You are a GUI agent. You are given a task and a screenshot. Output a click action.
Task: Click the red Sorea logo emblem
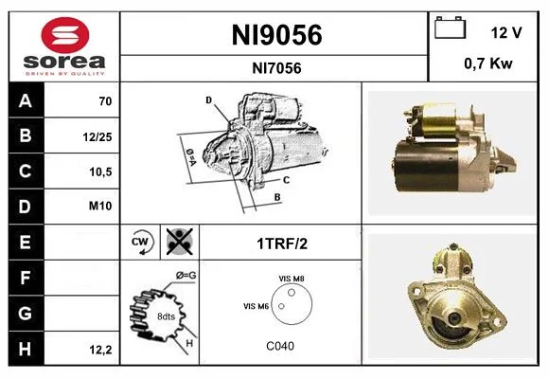coord(65,35)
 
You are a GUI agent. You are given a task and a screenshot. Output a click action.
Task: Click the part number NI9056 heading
coord(276,35)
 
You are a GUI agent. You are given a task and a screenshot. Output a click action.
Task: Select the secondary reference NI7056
coord(276,68)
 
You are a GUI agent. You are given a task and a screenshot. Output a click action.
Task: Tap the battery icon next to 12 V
coord(451,27)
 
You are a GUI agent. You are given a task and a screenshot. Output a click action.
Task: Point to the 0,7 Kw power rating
coord(488,63)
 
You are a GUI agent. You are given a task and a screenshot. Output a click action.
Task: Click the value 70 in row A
coord(105,101)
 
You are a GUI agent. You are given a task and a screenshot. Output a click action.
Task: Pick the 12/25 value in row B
coord(97,136)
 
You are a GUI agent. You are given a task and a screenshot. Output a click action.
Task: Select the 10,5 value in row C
coord(100,171)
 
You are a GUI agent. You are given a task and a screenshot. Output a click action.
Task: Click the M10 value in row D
coord(100,206)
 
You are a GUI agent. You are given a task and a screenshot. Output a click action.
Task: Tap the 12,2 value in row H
coord(101,350)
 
